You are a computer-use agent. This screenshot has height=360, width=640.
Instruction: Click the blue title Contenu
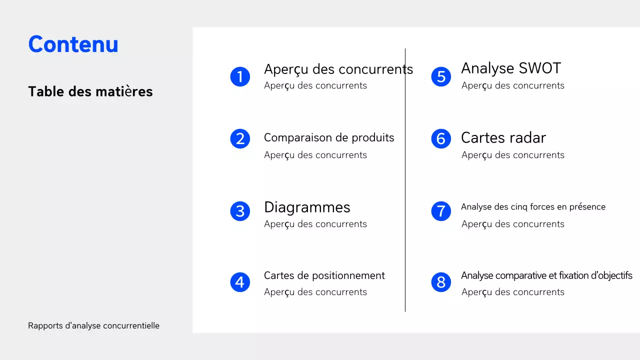pos(73,44)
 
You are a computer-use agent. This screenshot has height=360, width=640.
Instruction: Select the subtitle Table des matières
pos(90,91)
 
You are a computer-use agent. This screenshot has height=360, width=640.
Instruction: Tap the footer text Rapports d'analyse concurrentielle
pos(93,325)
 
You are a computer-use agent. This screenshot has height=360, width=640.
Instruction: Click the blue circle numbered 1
pos(240,76)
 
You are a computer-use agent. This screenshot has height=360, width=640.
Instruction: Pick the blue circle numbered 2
pos(240,138)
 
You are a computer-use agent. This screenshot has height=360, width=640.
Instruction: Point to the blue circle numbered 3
pos(240,211)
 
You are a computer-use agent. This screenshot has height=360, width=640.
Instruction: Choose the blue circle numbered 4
pos(240,282)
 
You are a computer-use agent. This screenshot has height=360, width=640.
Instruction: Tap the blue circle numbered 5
pos(441,76)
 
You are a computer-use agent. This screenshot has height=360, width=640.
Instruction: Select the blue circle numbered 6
pos(441,138)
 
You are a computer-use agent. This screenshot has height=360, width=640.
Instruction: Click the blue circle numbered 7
pos(441,211)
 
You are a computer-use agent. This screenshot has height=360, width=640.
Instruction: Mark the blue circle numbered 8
pos(441,282)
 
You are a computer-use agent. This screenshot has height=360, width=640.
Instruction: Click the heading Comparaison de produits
pos(329,137)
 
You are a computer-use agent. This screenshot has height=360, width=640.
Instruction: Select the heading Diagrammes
pos(307,207)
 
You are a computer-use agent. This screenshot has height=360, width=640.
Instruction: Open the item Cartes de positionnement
pos(324,275)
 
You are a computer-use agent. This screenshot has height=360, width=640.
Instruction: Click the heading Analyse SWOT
pos(510,68)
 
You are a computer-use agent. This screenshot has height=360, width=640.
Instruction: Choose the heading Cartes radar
pos(503,137)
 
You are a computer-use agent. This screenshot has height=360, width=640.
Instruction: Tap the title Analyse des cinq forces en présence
pos(533,207)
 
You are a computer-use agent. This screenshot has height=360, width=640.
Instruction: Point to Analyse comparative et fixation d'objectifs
pos(546,275)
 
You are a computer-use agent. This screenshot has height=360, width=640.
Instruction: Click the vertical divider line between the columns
pos(405,180)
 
